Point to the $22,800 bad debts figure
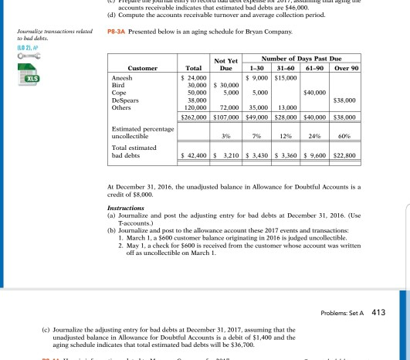click(365, 155)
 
